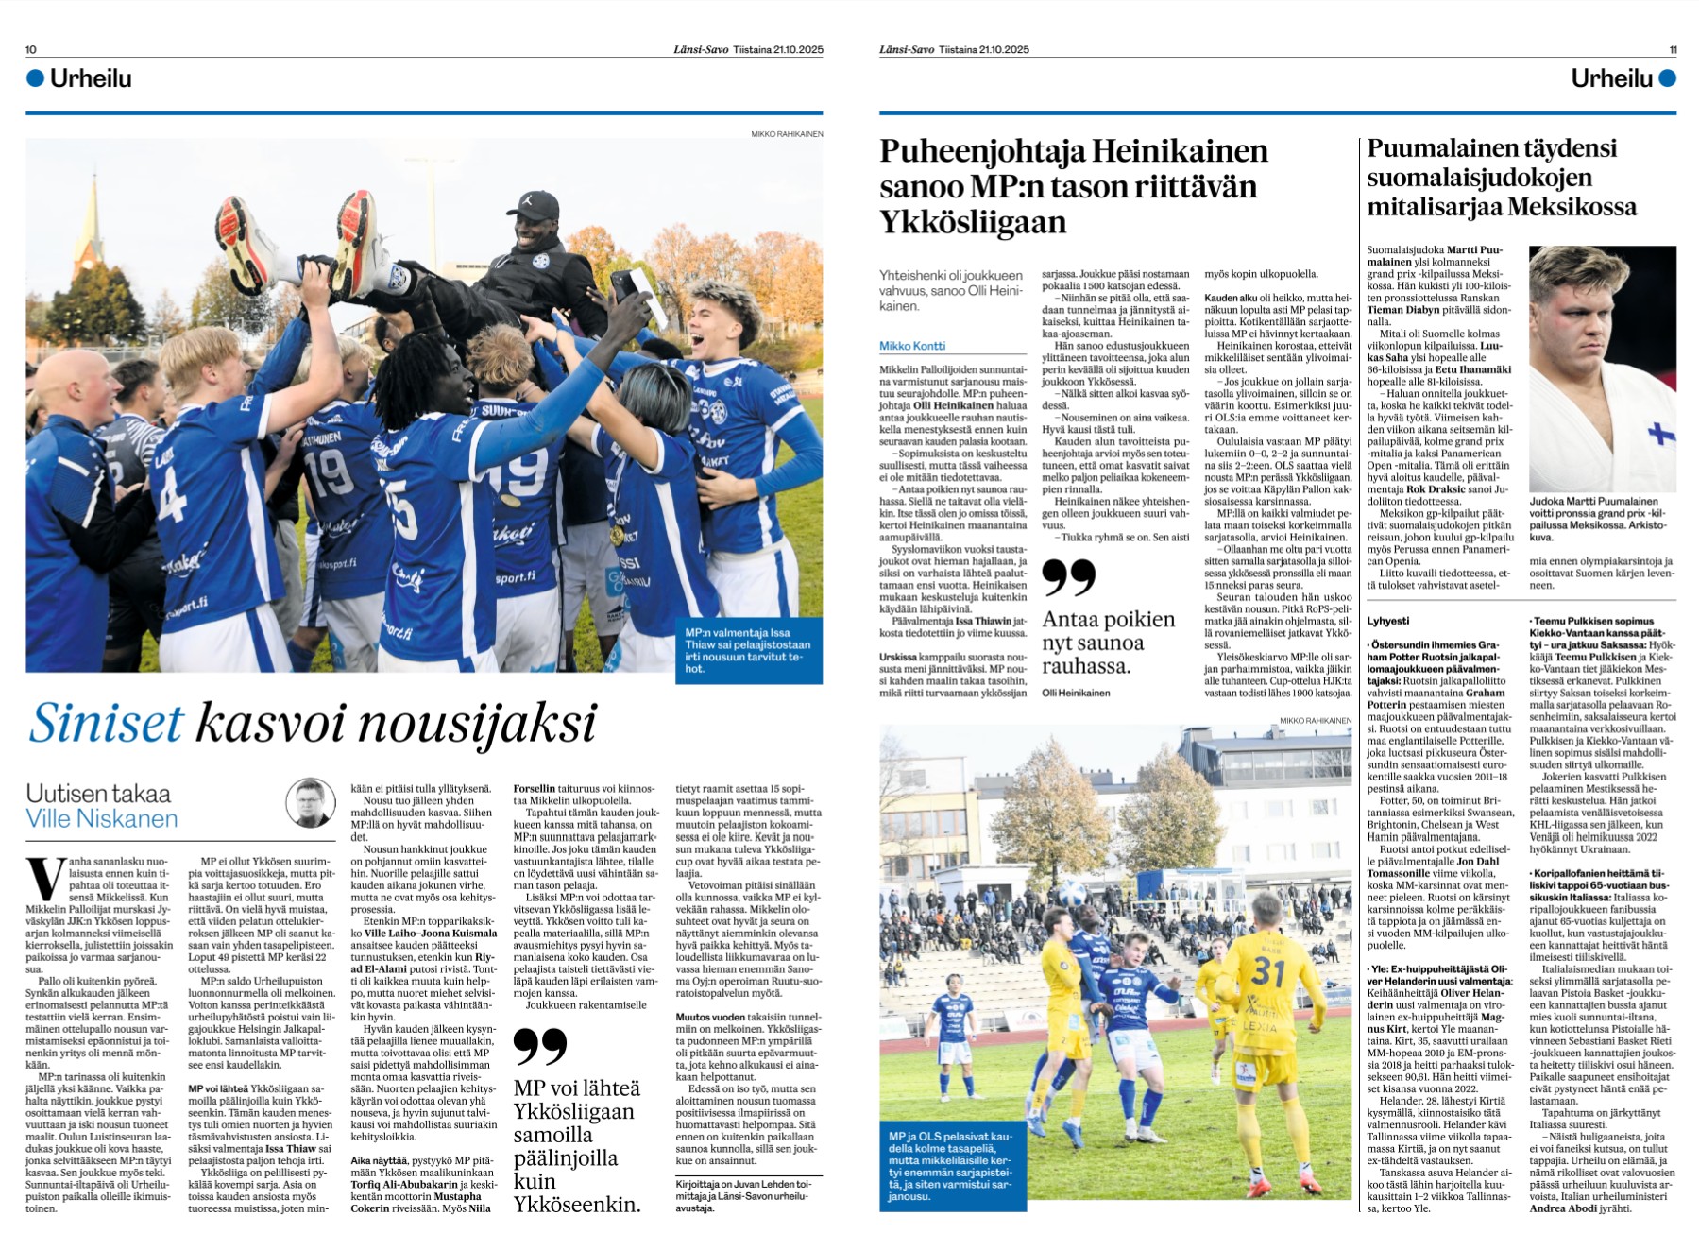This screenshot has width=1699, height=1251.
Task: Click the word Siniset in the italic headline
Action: pyautogui.click(x=106, y=724)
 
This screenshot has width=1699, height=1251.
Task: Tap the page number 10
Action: pyautogui.click(x=31, y=49)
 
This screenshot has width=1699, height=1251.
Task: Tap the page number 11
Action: pyautogui.click(x=1673, y=49)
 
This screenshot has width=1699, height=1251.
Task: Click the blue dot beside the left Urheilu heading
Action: pyautogui.click(x=36, y=78)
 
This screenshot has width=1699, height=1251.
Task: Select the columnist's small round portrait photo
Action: pyautogui.click(x=311, y=803)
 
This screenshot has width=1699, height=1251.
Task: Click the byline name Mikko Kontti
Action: pyautogui.click(x=912, y=346)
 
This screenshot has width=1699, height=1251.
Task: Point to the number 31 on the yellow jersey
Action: pyautogui.click(x=1268, y=970)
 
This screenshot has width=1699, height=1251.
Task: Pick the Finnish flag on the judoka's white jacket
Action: pyautogui.click(x=1662, y=434)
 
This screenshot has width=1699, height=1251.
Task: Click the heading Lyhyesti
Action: pyautogui.click(x=1387, y=621)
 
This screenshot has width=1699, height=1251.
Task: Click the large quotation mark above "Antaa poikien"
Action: pyautogui.click(x=1068, y=577)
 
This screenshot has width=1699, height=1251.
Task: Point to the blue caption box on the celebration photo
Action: pyautogui.click(x=753, y=650)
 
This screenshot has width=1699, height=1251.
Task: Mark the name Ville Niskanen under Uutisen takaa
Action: pyautogui.click(x=102, y=818)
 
